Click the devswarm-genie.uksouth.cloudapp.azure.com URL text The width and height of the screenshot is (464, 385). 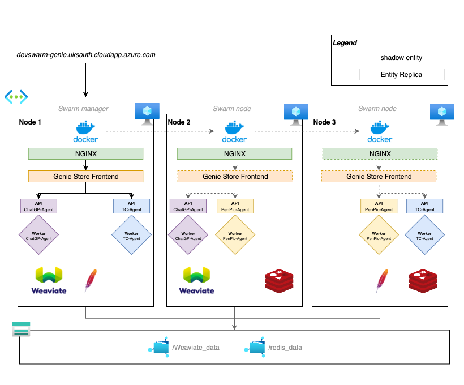(86, 55)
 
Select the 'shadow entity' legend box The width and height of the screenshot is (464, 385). (401, 58)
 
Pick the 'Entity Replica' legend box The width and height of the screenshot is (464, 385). (401, 75)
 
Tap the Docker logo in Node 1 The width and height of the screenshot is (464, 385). (85, 131)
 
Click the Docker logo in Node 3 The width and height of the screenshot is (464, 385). (380, 131)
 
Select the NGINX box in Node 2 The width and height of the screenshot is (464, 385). (234, 153)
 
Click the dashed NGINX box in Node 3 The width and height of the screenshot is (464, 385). (379, 153)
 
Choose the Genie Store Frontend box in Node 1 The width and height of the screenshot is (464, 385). (86, 176)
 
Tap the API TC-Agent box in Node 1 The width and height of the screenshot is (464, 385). (131, 206)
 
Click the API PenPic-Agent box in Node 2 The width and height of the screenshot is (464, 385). (234, 206)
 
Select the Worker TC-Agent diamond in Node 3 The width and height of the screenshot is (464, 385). (424, 236)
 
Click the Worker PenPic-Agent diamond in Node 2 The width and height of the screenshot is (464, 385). (234, 236)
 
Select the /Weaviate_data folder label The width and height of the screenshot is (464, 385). (195, 347)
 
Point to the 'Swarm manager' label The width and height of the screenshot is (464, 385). (83, 109)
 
